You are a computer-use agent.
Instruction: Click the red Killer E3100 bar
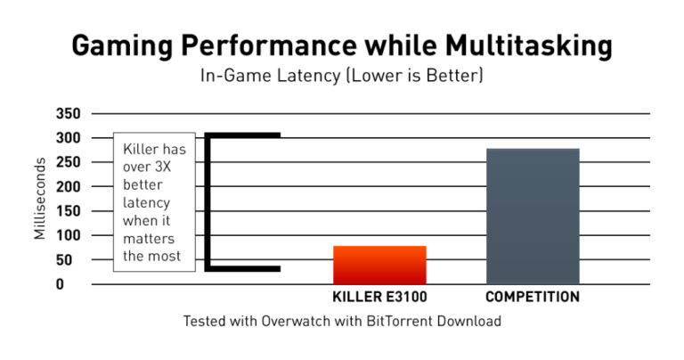[x=380, y=265]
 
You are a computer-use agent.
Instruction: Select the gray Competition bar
[x=533, y=216]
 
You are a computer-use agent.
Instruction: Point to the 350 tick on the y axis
[x=68, y=114]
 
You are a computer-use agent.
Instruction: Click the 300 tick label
[x=68, y=138]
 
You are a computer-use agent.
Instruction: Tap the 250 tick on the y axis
[x=68, y=162]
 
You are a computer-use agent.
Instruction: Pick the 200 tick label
[x=68, y=187]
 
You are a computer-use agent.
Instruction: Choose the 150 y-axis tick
[x=68, y=211]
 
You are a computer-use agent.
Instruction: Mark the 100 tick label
[x=68, y=235]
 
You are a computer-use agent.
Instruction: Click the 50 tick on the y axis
[x=71, y=260]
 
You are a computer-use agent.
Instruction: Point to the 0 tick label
[x=76, y=284]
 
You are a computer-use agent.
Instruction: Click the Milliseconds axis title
[x=40, y=198]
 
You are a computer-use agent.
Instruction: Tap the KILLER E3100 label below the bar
[x=380, y=297]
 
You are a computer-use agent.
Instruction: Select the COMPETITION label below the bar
[x=533, y=297]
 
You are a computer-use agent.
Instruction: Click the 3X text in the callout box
[x=167, y=167]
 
